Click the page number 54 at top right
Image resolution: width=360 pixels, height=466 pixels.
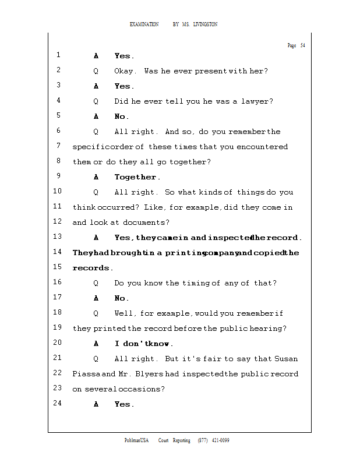(x=302, y=45)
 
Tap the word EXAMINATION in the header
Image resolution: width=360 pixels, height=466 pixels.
(x=144, y=24)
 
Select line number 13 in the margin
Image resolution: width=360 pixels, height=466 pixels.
(x=57, y=237)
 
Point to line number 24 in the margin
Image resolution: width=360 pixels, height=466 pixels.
(x=57, y=403)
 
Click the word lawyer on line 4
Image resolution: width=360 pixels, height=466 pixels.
(x=257, y=101)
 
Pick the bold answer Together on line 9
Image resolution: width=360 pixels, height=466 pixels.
(x=136, y=177)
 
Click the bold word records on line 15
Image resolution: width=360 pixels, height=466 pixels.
(x=91, y=268)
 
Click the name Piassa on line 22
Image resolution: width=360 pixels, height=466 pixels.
(x=86, y=374)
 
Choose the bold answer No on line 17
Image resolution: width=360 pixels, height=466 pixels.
(x=121, y=298)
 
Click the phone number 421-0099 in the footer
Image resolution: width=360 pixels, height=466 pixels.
(x=220, y=440)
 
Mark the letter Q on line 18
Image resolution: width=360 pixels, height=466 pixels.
(x=96, y=313)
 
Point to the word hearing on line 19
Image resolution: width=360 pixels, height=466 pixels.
(x=266, y=329)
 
